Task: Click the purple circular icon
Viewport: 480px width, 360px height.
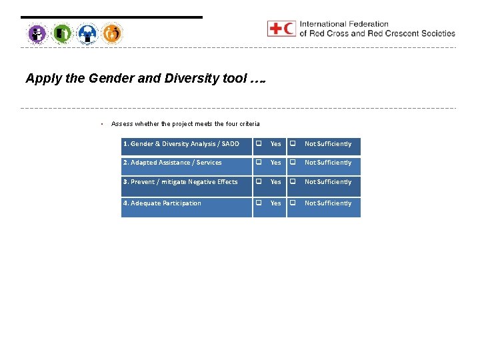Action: [37, 33]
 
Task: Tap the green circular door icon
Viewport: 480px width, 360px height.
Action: [62, 33]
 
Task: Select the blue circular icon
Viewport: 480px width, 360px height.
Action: [87, 33]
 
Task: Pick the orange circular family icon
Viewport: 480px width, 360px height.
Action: [112, 33]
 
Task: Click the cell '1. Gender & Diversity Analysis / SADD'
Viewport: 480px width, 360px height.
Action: [181, 144]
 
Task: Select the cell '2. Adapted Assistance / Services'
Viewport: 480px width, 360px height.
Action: [172, 163]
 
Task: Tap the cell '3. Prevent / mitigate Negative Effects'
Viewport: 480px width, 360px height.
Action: [180, 182]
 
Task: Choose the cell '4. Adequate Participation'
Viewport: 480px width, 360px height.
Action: [162, 203]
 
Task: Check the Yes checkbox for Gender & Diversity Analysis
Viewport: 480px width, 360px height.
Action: [259, 144]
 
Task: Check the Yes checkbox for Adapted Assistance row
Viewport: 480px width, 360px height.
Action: [259, 163]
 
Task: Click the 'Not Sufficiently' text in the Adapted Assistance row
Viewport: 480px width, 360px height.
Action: [327, 163]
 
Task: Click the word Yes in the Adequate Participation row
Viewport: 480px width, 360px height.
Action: [275, 203]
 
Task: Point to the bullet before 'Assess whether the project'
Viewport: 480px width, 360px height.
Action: [100, 124]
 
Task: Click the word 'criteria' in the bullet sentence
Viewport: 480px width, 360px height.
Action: [248, 124]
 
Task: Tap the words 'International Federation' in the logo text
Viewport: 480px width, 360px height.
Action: [344, 25]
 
